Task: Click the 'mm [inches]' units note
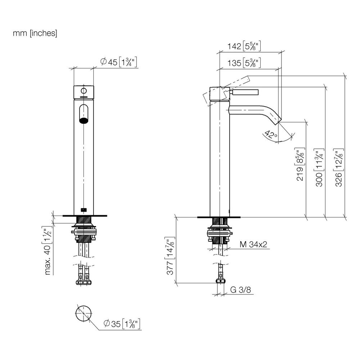point(35,33)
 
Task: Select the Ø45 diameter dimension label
point(119,62)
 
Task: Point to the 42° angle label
point(271,135)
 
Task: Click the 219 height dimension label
point(300,165)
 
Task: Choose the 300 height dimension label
point(319,167)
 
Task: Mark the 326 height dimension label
point(339,167)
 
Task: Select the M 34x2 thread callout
point(253,244)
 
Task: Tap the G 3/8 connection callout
point(240,290)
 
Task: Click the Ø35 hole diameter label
point(122,324)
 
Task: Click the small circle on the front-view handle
point(84,91)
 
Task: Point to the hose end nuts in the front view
point(84,282)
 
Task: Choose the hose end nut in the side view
point(221,281)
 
